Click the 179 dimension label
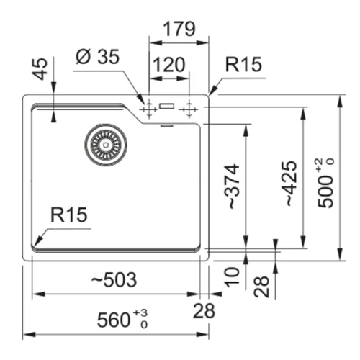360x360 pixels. coord(179,29)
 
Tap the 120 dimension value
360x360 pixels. coord(169,65)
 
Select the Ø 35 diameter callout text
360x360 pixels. coord(97,57)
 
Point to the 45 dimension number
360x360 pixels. coord(40,68)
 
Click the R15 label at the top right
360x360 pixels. coord(243,64)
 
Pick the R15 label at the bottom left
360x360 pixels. coord(69,215)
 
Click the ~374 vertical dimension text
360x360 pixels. coord(232,186)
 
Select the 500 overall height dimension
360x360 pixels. coord(325,184)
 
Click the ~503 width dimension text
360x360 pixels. coord(114,279)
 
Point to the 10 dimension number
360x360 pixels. coord(232,276)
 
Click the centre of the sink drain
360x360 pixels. coord(106,145)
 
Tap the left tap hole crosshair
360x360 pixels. coord(149,109)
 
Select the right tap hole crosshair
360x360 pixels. coord(189,109)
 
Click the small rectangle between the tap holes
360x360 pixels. coord(166,106)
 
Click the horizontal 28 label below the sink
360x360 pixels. coord(204,311)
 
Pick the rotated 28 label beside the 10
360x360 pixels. coord(261,287)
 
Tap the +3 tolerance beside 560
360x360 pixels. coord(140,313)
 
